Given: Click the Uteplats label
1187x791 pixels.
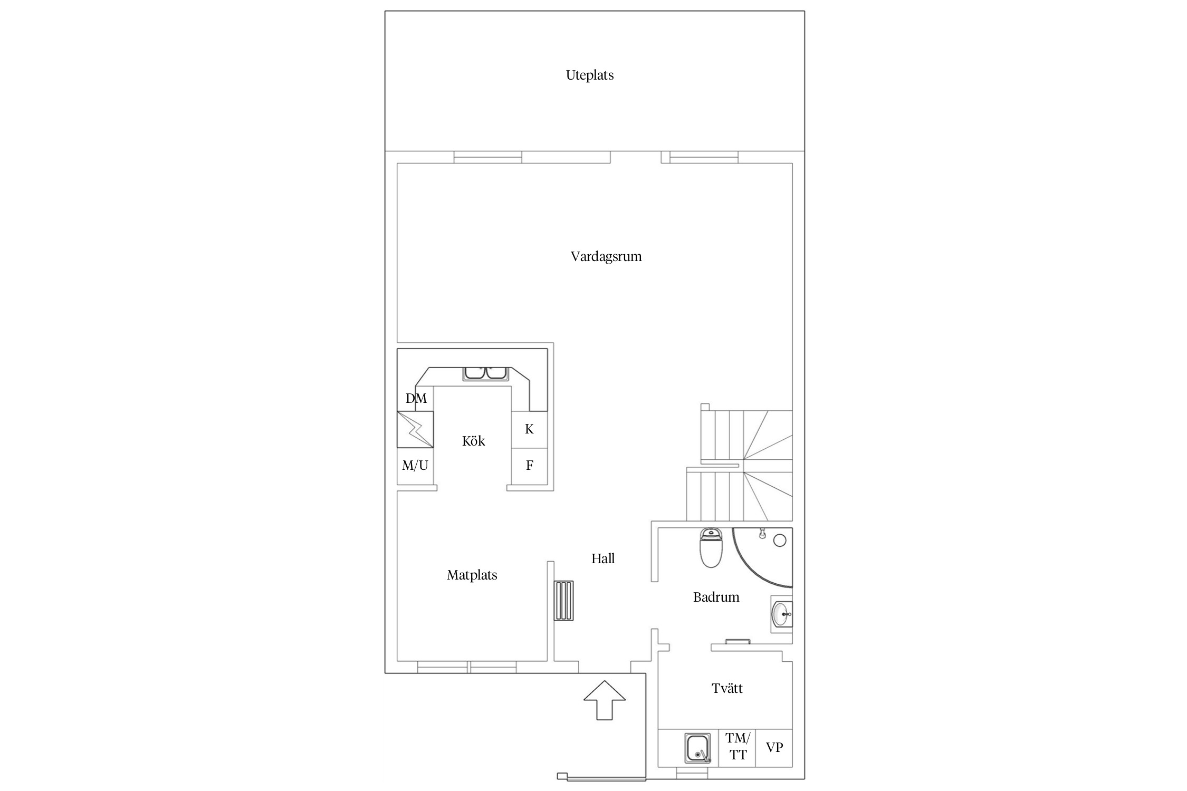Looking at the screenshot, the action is pos(589,75).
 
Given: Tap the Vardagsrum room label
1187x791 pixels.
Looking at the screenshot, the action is pos(606,257).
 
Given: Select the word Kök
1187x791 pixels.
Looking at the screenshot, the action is pos(473,441).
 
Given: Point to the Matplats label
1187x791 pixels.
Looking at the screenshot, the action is pos(472,575).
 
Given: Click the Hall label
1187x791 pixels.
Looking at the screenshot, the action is pos(602,558).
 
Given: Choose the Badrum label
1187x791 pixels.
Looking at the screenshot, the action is pos(716,597).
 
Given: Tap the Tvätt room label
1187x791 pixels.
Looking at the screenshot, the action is pos(727,688).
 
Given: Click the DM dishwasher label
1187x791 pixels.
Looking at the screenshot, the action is pos(416,398).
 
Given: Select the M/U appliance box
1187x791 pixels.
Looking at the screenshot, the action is pos(415,466).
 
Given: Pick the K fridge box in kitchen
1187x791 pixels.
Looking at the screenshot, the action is pos(529,430).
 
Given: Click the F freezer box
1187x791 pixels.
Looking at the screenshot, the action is pos(529,466).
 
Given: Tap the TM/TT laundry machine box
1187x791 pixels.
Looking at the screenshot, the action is pos(737,747).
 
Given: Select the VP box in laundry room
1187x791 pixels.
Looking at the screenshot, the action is pos(774,747).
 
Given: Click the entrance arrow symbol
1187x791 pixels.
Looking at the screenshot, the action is pos(604,700).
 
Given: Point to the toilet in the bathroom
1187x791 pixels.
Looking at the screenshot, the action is pos(710,548).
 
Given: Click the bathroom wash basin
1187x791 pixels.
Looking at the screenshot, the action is pos(782,614).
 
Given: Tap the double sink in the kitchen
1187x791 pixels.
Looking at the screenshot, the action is pos(485,373).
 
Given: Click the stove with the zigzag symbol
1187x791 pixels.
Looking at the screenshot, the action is pos(415,430).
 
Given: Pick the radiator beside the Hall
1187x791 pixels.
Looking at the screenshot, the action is pos(563,601).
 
